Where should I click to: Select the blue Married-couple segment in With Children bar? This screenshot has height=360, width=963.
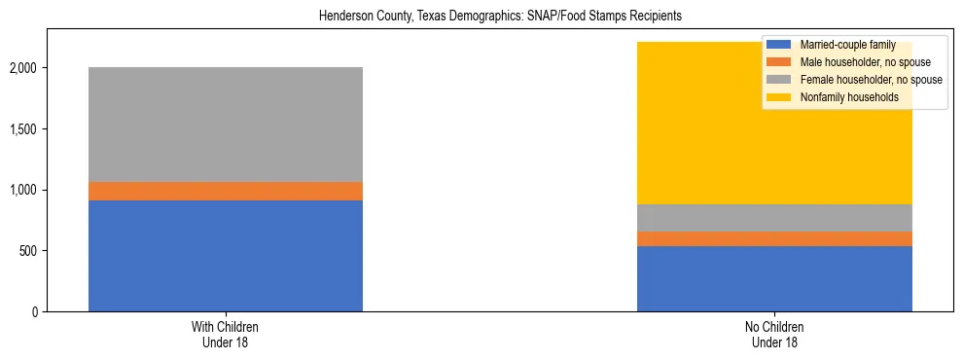tap(226, 255)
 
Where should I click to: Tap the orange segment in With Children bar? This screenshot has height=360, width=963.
tap(226, 191)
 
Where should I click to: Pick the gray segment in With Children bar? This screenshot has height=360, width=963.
tap(226, 125)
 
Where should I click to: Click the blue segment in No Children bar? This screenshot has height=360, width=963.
tap(774, 278)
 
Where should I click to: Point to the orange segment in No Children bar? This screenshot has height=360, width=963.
tap(774, 238)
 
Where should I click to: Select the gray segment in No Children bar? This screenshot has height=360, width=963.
tap(774, 218)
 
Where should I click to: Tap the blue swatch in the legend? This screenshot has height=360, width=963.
tap(779, 46)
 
